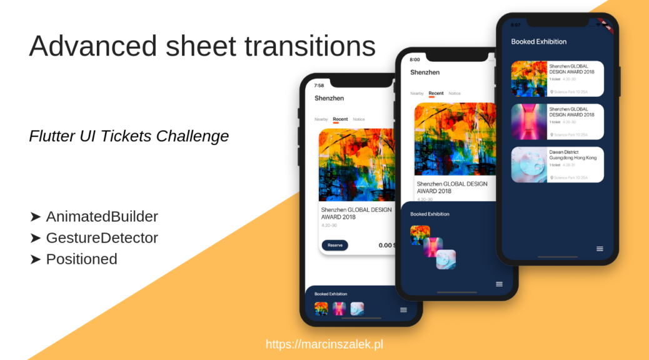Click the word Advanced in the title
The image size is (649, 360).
coord(91,46)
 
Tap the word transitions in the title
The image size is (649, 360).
coord(310,46)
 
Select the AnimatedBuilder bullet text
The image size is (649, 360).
coord(102,217)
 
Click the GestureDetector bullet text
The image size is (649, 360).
coord(102,238)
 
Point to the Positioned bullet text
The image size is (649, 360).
coord(81,259)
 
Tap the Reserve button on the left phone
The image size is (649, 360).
coord(335,245)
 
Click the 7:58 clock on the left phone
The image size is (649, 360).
coord(319,86)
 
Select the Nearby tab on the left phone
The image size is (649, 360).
coord(321,119)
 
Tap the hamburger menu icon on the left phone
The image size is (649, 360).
coord(403,309)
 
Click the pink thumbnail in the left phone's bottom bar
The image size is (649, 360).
coord(340,308)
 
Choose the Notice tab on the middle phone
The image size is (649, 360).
coord(455,94)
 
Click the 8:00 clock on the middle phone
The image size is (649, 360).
coord(415,60)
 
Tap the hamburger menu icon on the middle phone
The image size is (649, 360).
coord(499,284)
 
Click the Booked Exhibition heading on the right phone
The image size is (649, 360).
coord(539,42)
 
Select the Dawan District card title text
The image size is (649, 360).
coord(573,155)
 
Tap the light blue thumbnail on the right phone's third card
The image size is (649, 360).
coord(529,165)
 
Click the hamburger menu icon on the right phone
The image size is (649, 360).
coord(600,249)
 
